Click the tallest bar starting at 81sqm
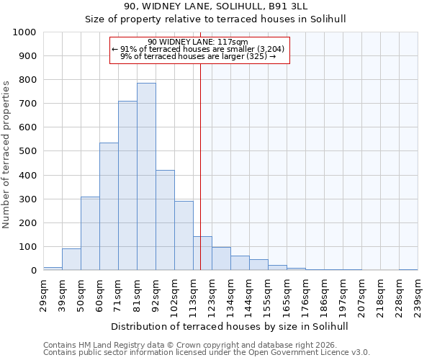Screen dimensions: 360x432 point(146,176)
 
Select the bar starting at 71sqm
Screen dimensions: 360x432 point(127,186)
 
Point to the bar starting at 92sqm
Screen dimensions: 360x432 point(165,220)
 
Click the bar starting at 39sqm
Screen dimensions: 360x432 point(71,259)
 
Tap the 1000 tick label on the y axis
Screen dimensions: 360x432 point(24,32)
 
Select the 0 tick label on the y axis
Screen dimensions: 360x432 point(34,271)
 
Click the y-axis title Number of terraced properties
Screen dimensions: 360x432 point(7,154)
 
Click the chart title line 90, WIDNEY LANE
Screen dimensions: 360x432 point(215,6)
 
